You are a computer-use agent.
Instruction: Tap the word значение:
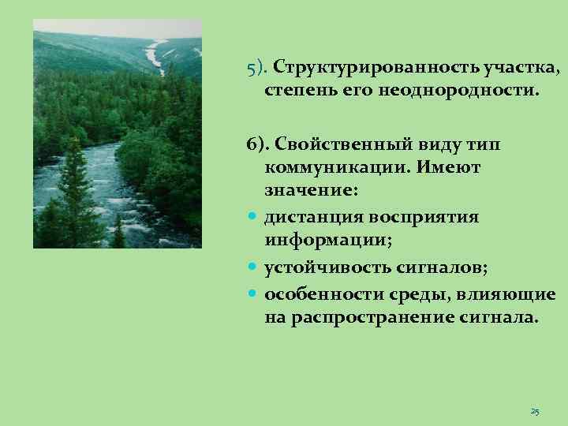pyautogui.click(x=311, y=190)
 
